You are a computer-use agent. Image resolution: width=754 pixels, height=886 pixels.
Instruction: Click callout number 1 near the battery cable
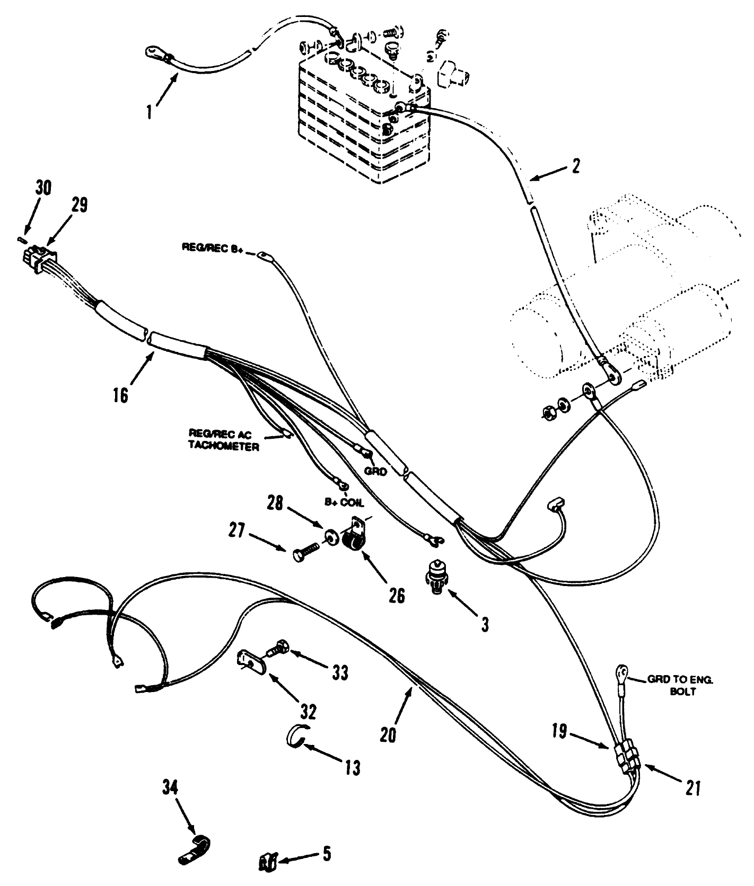click(151, 112)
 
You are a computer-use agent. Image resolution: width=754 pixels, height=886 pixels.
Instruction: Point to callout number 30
click(43, 188)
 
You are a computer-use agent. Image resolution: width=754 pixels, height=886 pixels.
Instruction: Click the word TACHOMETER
click(223, 447)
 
